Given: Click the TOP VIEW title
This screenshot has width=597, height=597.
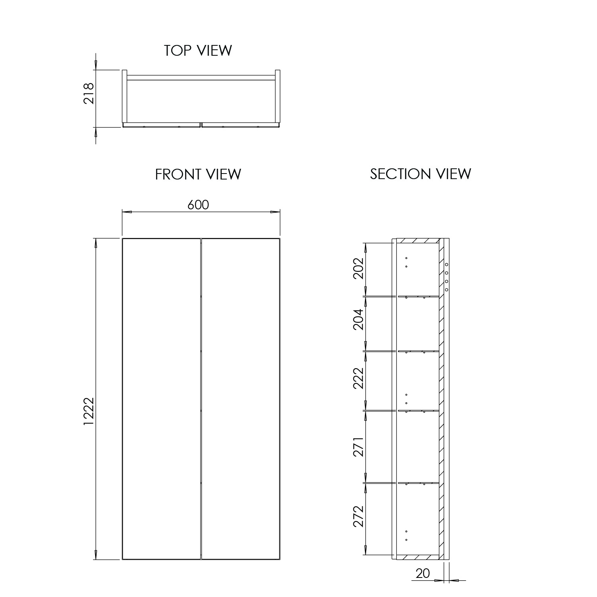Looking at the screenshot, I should pos(198,51).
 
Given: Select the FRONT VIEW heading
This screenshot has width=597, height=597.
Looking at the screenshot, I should pos(198,174).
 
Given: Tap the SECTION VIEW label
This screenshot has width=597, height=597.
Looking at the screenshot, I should pos(420,174).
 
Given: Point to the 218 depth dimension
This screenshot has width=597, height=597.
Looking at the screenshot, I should pos(88,93).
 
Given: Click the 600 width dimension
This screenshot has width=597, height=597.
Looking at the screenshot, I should pos(198,205).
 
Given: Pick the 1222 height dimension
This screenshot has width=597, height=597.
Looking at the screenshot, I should pos(88,411).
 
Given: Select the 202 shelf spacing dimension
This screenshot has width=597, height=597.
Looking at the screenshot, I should pos(359,268).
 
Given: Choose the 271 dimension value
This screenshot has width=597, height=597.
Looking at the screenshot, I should pos(359,447).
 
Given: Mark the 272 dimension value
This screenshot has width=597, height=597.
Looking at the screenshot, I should pos(359,516).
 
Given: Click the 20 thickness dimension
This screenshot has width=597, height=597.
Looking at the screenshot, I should pos(423,573).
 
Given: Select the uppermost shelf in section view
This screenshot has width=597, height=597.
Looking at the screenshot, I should pos(418,296).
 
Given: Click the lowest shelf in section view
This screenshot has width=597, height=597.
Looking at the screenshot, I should pos(418,483).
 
